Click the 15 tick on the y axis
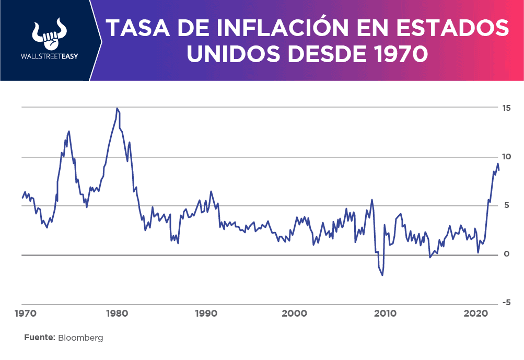tap(505, 108)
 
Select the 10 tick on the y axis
tap(505, 157)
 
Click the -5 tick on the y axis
tap(505, 303)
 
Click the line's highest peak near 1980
tap(117, 108)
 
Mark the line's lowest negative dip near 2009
tap(382, 275)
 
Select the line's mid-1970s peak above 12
tap(69, 131)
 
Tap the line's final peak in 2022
tap(497, 164)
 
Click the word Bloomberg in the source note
tap(80, 338)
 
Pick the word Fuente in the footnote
tap(39, 338)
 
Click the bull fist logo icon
tap(48, 34)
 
